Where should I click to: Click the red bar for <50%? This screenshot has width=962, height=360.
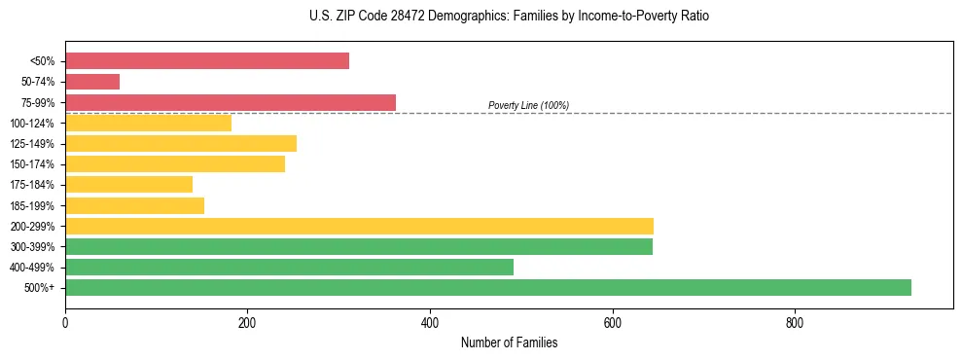pos(207,61)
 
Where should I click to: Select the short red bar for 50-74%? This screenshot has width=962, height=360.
pos(92,82)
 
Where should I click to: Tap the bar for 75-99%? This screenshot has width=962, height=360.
pos(231,102)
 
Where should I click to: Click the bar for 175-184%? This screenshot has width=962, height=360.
pos(128,184)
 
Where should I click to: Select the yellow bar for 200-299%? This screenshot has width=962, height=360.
pos(359,226)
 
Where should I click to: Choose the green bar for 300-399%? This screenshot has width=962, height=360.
pos(358,246)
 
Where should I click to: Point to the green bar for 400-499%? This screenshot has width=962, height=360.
pos(289,267)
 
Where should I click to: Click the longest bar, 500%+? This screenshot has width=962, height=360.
pos(487,287)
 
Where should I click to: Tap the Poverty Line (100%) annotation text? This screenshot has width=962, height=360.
pos(528,105)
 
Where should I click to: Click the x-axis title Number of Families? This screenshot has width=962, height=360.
pos(509,342)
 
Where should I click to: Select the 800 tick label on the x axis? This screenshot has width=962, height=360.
pos(795,322)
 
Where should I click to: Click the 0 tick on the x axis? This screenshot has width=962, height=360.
pos(65,322)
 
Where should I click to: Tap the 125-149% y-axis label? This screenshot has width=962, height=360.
pos(32,144)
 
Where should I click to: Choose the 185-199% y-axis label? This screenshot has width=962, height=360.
pos(32,205)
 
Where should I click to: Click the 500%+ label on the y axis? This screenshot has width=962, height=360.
pos(39,288)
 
